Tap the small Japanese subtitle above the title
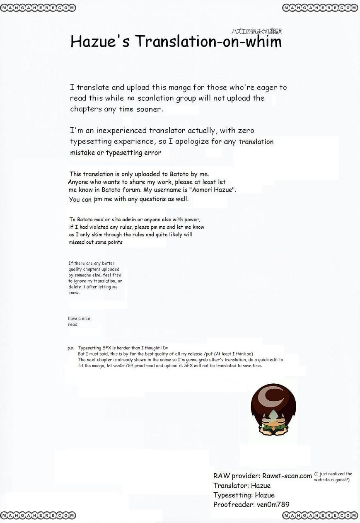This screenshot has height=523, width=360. pyautogui.click(x=256, y=31)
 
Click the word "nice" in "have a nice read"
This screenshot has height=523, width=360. pyautogui.click(x=85, y=318)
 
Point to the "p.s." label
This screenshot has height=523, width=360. pyautogui.click(x=70, y=348)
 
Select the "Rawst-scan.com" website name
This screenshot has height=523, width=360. pyautogui.click(x=287, y=476)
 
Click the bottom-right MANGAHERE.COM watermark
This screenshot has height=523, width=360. pyautogui.click(x=320, y=515)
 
